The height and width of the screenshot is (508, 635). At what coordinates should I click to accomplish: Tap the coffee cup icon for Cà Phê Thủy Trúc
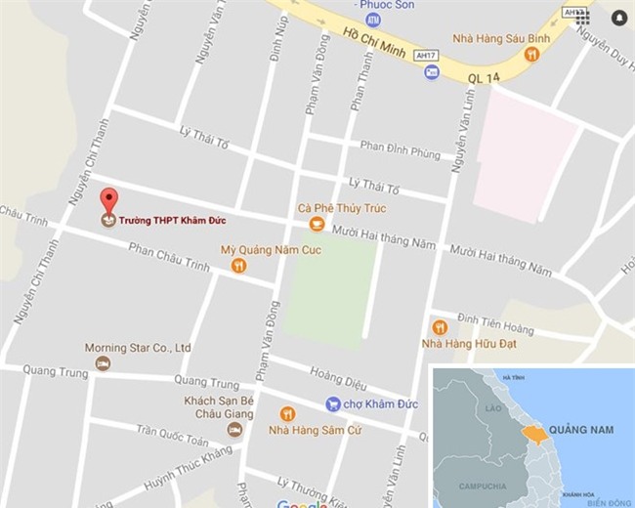point(316,225)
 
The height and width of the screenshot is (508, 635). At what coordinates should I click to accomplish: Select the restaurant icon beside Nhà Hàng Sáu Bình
point(531,56)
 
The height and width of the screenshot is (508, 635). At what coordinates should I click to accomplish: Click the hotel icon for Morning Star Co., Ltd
point(103,363)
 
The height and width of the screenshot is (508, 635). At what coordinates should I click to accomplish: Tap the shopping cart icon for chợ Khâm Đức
point(333,404)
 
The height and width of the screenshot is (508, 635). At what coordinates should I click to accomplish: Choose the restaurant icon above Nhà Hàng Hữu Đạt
point(440,327)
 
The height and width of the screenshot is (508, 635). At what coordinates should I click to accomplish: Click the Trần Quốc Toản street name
point(173,430)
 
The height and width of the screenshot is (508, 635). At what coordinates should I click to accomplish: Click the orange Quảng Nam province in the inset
point(534,434)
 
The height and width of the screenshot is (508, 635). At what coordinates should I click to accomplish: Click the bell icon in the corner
point(618,18)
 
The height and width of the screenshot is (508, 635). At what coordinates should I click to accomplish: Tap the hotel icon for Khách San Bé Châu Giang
point(233,429)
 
